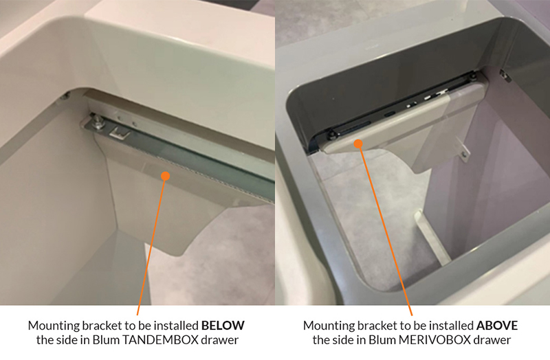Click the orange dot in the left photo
(x=165, y=176)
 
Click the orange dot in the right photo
(x=358, y=144)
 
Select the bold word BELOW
(x=223, y=326)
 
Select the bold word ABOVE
(x=496, y=326)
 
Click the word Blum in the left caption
(x=106, y=340)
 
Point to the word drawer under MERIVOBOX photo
(x=493, y=340)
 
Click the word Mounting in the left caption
(x=54, y=326)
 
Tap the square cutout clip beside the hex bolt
(x=118, y=133)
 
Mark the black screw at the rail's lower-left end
(x=331, y=135)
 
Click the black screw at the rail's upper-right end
(x=473, y=76)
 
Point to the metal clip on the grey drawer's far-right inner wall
(x=505, y=75)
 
